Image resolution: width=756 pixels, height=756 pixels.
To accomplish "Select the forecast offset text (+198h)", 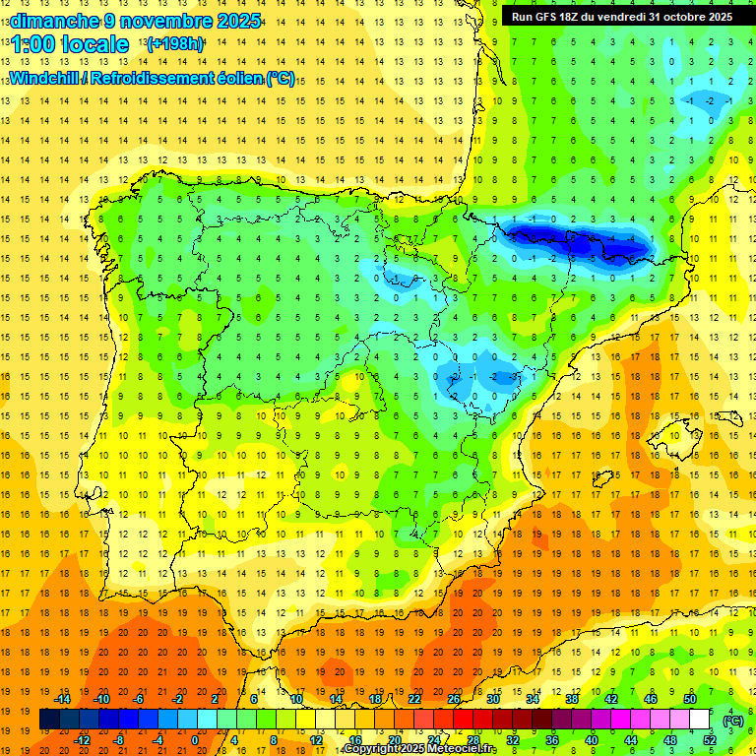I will (175, 44).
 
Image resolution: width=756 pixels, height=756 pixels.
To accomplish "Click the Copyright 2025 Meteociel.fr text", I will (420, 749).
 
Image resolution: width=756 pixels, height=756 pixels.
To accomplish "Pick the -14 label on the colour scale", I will (62, 699).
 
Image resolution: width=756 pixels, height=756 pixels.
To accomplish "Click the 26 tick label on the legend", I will (454, 699).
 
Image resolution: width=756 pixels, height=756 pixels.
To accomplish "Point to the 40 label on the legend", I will (592, 740).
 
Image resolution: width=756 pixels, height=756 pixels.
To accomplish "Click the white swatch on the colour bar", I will (700, 720).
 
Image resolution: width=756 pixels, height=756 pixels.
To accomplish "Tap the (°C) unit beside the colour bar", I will (733, 721).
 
